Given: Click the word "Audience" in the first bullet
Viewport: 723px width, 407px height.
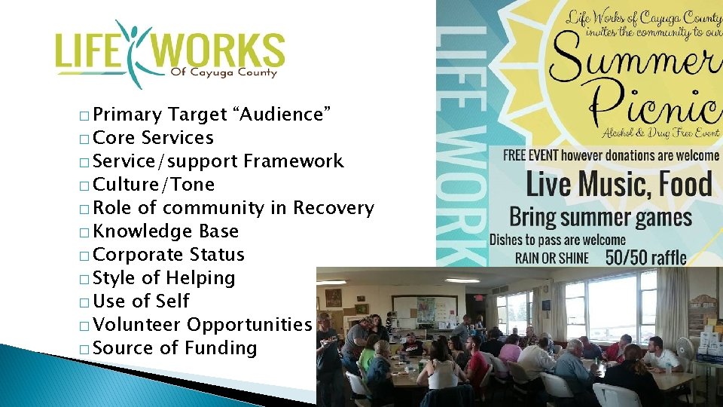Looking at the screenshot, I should (x=284, y=115).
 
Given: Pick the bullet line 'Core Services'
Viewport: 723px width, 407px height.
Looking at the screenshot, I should (x=154, y=138).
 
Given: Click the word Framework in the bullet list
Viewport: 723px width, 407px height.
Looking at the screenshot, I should (x=294, y=161).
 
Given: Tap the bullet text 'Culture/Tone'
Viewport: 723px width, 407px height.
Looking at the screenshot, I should (x=154, y=185).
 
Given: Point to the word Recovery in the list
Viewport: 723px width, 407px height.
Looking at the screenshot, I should (x=334, y=208).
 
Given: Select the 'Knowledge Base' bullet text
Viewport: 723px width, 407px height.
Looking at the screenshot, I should (x=166, y=231).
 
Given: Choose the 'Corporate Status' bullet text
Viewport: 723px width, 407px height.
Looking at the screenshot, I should (x=169, y=255).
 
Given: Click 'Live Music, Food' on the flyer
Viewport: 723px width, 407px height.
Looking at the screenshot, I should (x=618, y=184).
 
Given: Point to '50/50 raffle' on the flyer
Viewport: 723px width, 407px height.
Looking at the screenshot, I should (x=646, y=258).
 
